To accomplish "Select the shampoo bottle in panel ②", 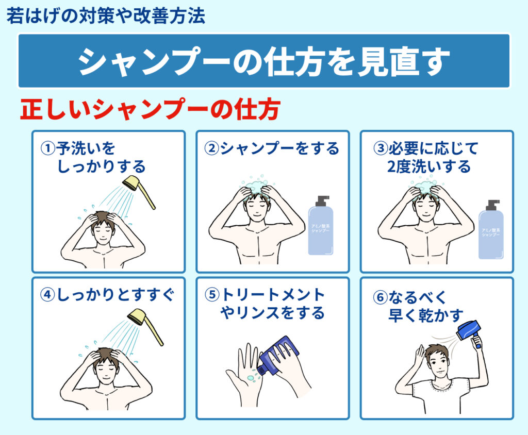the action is tap(321, 225).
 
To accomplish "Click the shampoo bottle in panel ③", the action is tap(491, 230).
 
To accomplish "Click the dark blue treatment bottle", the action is tap(278, 356).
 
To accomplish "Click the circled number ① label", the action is tap(47, 148).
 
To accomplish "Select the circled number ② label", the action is tap(212, 148).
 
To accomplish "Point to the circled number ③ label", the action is tap(381, 148).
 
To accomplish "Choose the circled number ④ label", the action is tap(47, 295).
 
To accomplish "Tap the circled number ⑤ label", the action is tap(212, 295).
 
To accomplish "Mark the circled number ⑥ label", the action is tap(380, 297).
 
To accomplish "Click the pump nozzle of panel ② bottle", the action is tap(322, 200).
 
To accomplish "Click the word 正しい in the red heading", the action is tap(56, 109).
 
